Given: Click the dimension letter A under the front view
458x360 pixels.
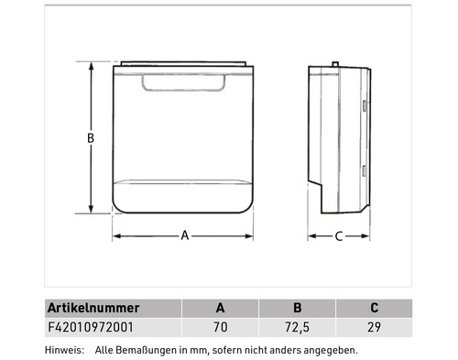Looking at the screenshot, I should click(x=184, y=236).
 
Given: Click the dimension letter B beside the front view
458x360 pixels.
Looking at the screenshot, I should click(x=91, y=138).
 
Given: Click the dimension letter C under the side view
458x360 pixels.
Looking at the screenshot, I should click(x=338, y=236).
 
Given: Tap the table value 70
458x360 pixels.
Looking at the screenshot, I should click(x=220, y=326).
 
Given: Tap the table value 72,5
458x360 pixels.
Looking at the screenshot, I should click(x=297, y=326).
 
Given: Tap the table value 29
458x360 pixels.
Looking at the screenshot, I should click(x=374, y=326).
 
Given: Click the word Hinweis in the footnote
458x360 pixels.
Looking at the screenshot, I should click(x=63, y=350).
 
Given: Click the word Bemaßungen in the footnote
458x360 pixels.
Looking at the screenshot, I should click(x=141, y=350).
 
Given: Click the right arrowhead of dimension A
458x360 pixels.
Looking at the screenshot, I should click(x=254, y=236).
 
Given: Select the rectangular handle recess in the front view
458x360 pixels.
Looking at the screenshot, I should click(x=184, y=82).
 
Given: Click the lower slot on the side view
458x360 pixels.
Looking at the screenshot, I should click(x=364, y=169).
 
